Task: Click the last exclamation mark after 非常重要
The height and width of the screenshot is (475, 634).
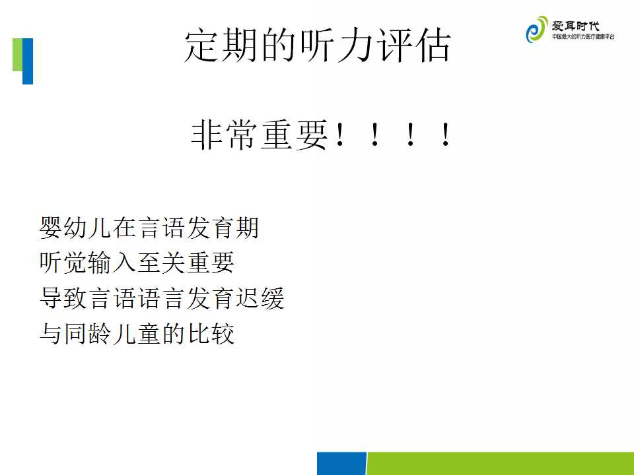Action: (446, 135)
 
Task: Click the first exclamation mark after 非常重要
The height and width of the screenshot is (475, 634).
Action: (340, 135)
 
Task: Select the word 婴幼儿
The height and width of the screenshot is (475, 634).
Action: (75, 228)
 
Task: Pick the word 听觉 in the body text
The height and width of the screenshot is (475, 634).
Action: (63, 263)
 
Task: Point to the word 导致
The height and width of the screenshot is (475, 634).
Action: (63, 298)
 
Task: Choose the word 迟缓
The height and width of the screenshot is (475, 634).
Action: (260, 298)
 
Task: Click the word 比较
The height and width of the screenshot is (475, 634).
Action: (211, 334)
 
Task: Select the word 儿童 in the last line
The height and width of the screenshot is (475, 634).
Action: (137, 334)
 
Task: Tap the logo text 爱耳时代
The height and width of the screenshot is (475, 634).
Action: (575, 26)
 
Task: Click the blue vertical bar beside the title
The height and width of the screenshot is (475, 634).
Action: (28, 61)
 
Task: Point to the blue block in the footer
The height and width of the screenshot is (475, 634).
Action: (341, 463)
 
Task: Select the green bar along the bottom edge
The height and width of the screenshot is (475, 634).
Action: (500, 463)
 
